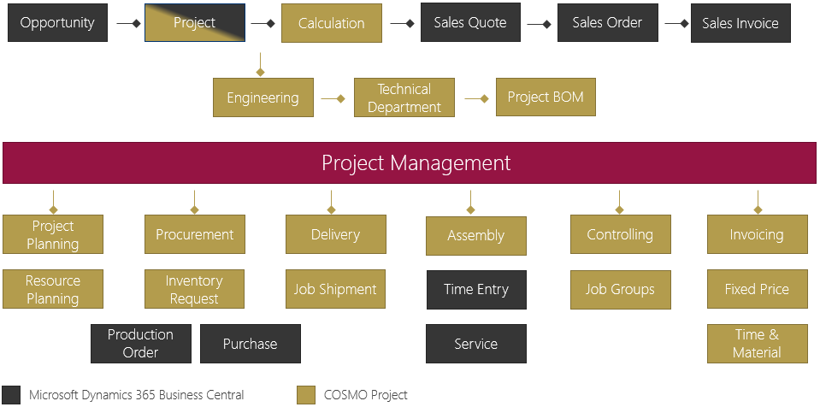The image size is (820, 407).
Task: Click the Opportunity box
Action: click(x=57, y=23)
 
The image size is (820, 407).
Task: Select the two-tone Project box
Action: click(x=195, y=23)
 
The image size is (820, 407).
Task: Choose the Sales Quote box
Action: click(x=470, y=23)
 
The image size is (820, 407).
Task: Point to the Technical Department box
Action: click(x=404, y=98)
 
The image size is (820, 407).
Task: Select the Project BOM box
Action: click(x=546, y=97)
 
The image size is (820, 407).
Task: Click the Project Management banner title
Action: click(x=416, y=162)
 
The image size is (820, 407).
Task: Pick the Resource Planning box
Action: click(x=53, y=290)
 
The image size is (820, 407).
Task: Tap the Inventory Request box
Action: click(x=194, y=290)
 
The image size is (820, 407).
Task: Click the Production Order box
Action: click(x=140, y=344)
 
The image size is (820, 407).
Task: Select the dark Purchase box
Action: click(x=250, y=344)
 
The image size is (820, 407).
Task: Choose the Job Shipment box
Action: click(x=335, y=290)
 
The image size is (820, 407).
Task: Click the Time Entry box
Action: click(x=476, y=290)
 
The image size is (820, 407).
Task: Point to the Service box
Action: click(x=476, y=344)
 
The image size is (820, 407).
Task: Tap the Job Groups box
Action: click(x=620, y=290)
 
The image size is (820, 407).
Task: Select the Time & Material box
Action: click(x=757, y=344)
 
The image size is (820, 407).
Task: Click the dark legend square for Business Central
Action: click(x=11, y=395)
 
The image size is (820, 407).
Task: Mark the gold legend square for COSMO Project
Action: click(x=306, y=395)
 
